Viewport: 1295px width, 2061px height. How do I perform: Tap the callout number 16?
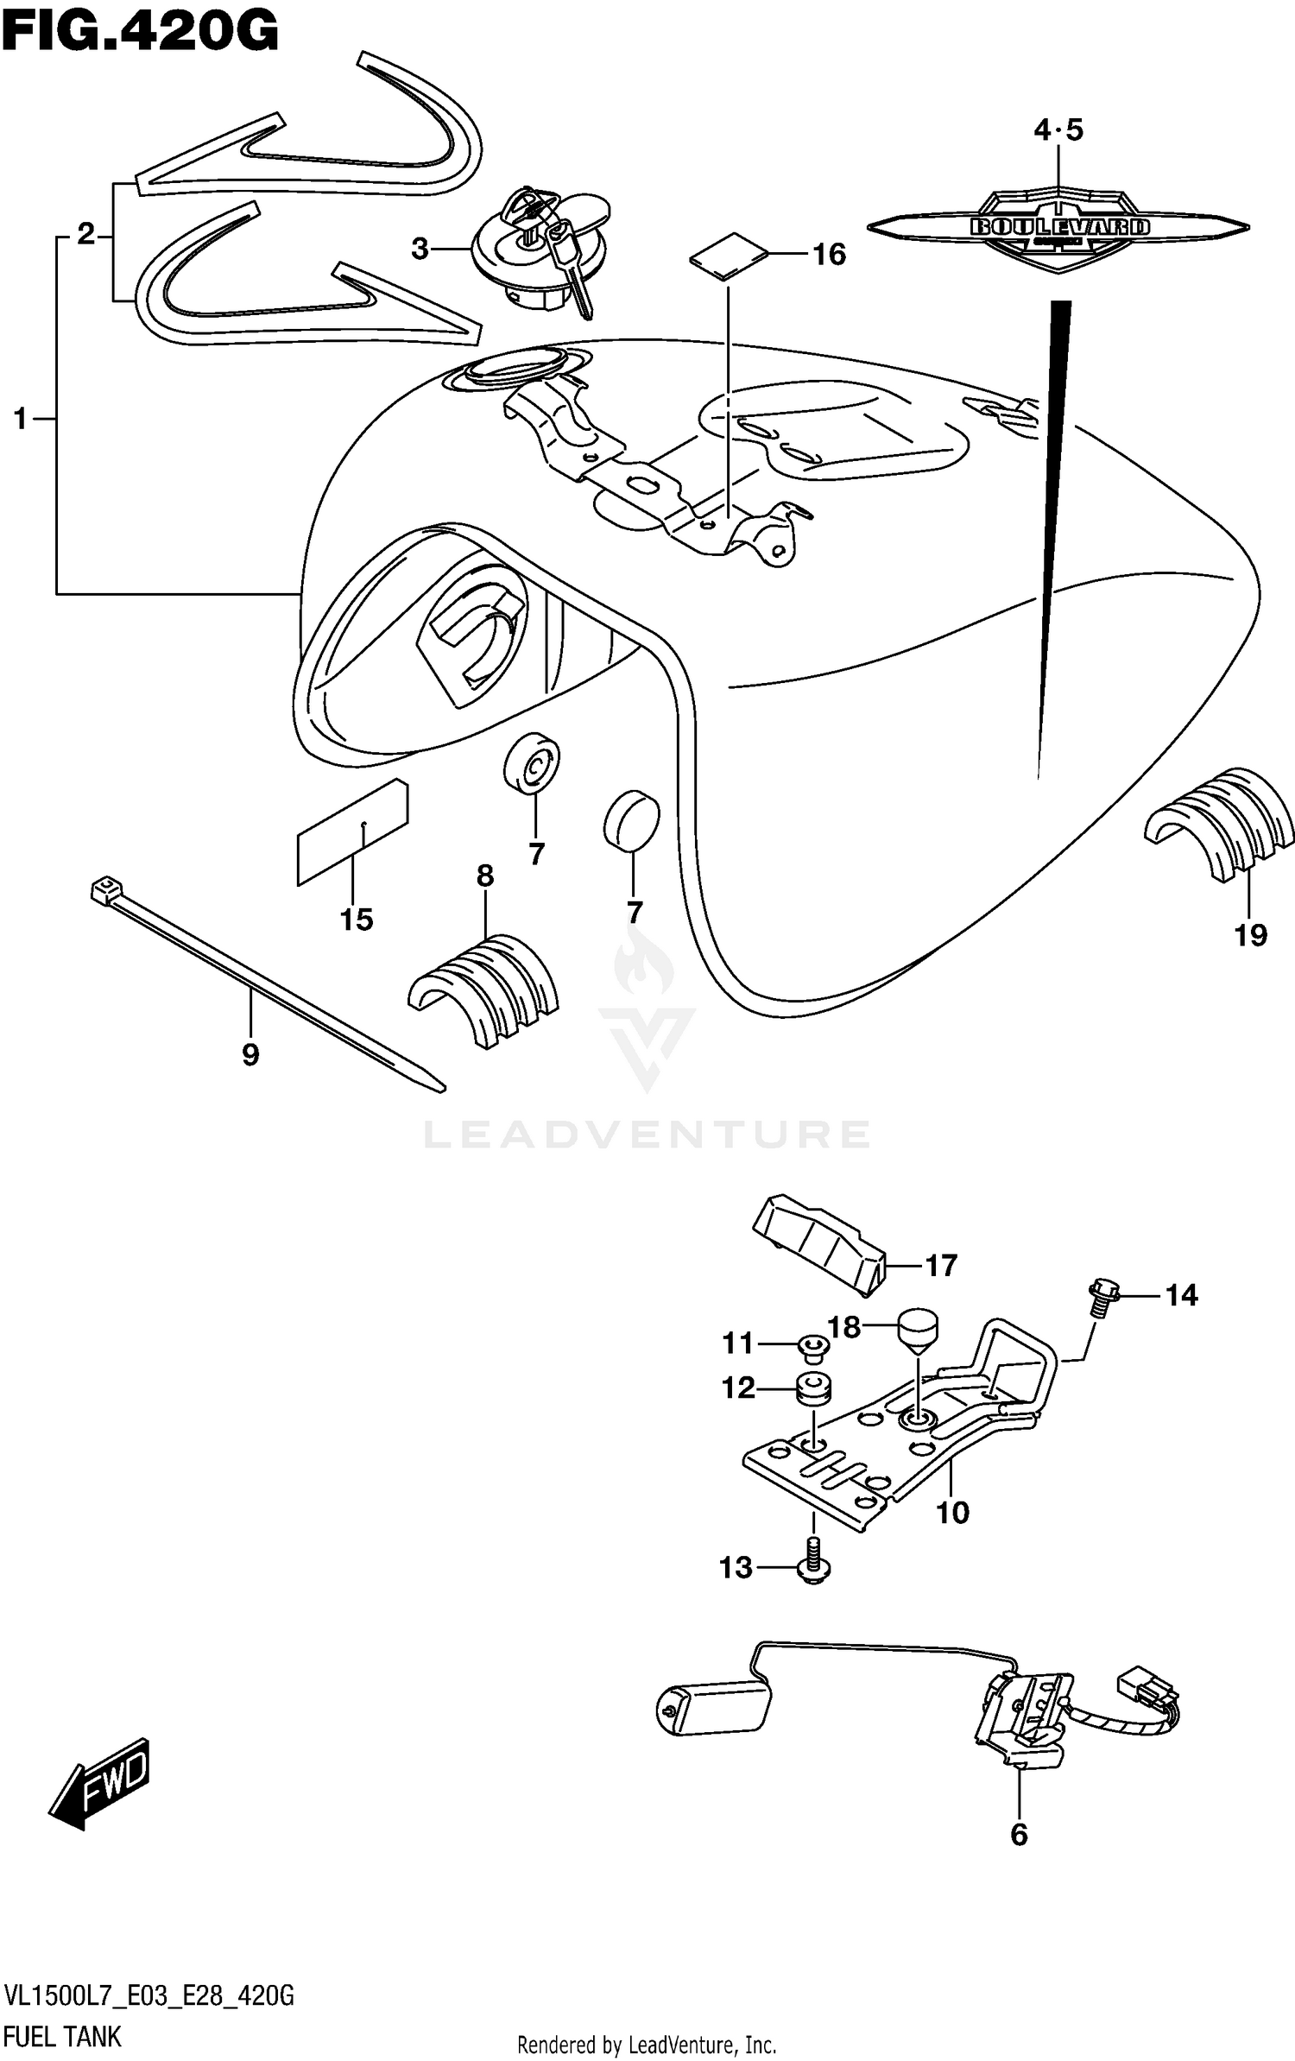(x=829, y=254)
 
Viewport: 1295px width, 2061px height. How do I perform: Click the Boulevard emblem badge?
(x=1058, y=228)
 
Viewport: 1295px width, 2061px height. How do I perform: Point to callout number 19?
(x=1250, y=934)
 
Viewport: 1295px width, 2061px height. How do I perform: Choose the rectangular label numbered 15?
(x=351, y=832)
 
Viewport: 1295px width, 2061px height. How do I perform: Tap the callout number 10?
(x=952, y=1512)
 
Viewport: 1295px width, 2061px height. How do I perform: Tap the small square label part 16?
(x=729, y=256)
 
